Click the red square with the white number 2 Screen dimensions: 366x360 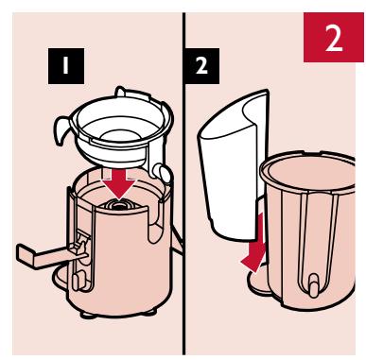[x=333, y=37]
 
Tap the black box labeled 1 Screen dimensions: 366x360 [x=66, y=66]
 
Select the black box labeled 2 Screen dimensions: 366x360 [x=202, y=66]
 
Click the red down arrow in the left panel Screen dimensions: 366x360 [x=119, y=184]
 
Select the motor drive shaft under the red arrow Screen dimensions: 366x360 [x=119, y=205]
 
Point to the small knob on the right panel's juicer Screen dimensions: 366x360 [x=313, y=284]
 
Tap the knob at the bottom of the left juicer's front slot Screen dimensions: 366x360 [x=78, y=282]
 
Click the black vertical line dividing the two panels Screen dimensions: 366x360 [x=183, y=183]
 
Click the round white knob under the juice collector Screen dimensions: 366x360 [x=162, y=173]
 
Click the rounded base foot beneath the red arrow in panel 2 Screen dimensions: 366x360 [x=257, y=282]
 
